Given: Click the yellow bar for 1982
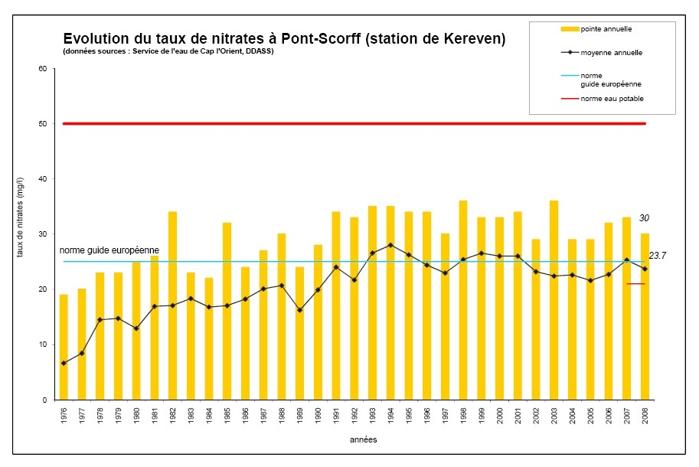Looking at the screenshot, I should click(x=172, y=305).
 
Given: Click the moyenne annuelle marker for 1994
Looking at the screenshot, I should click(x=390, y=245).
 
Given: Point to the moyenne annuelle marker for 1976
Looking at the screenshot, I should click(x=64, y=363).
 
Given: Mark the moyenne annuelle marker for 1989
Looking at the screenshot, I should click(x=299, y=310).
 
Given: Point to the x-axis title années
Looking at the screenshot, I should click(x=364, y=440).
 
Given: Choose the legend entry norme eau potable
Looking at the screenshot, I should click(x=612, y=99).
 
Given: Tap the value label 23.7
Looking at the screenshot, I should click(x=657, y=256).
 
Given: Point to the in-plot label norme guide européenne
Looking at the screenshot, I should click(x=109, y=251).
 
